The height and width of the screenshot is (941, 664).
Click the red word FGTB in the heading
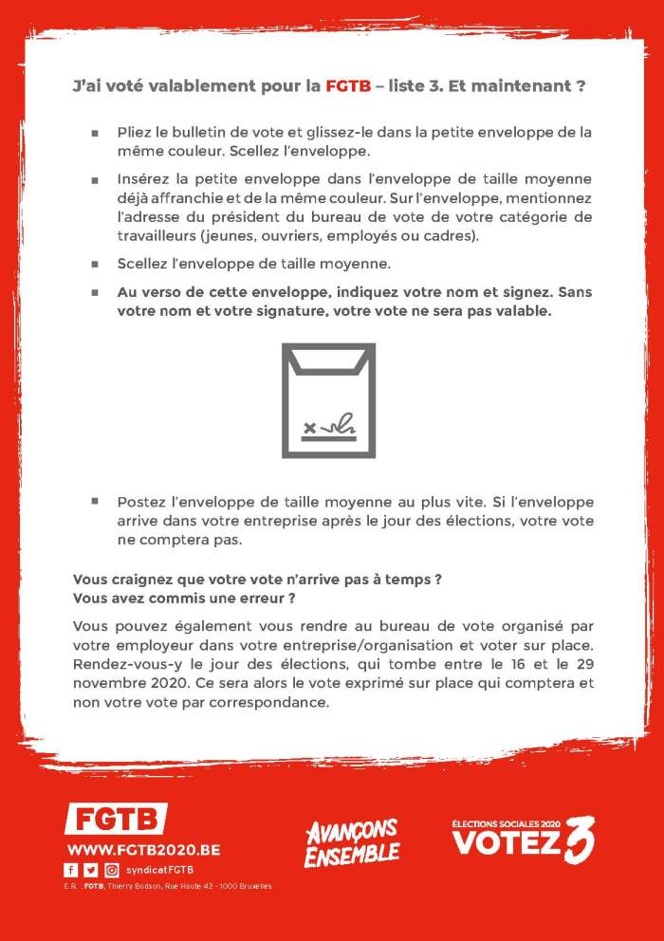(348, 86)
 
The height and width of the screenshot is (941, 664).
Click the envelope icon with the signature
(328, 399)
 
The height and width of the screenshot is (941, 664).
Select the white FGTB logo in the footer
(116, 818)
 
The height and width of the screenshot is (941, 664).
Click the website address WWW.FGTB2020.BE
(143, 850)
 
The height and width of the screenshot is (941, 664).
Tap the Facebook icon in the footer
(71, 870)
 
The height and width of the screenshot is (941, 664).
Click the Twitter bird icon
(91, 870)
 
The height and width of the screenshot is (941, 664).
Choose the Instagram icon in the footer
(112, 870)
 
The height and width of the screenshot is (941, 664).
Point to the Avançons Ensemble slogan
(351, 842)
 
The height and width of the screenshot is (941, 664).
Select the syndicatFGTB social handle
(161, 870)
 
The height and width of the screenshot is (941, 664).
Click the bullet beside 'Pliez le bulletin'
(95, 133)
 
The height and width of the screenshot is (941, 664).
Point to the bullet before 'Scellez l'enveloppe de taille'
(95, 265)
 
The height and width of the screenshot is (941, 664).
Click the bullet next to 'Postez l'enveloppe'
(95, 500)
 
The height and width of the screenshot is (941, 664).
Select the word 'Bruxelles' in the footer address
(252, 886)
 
